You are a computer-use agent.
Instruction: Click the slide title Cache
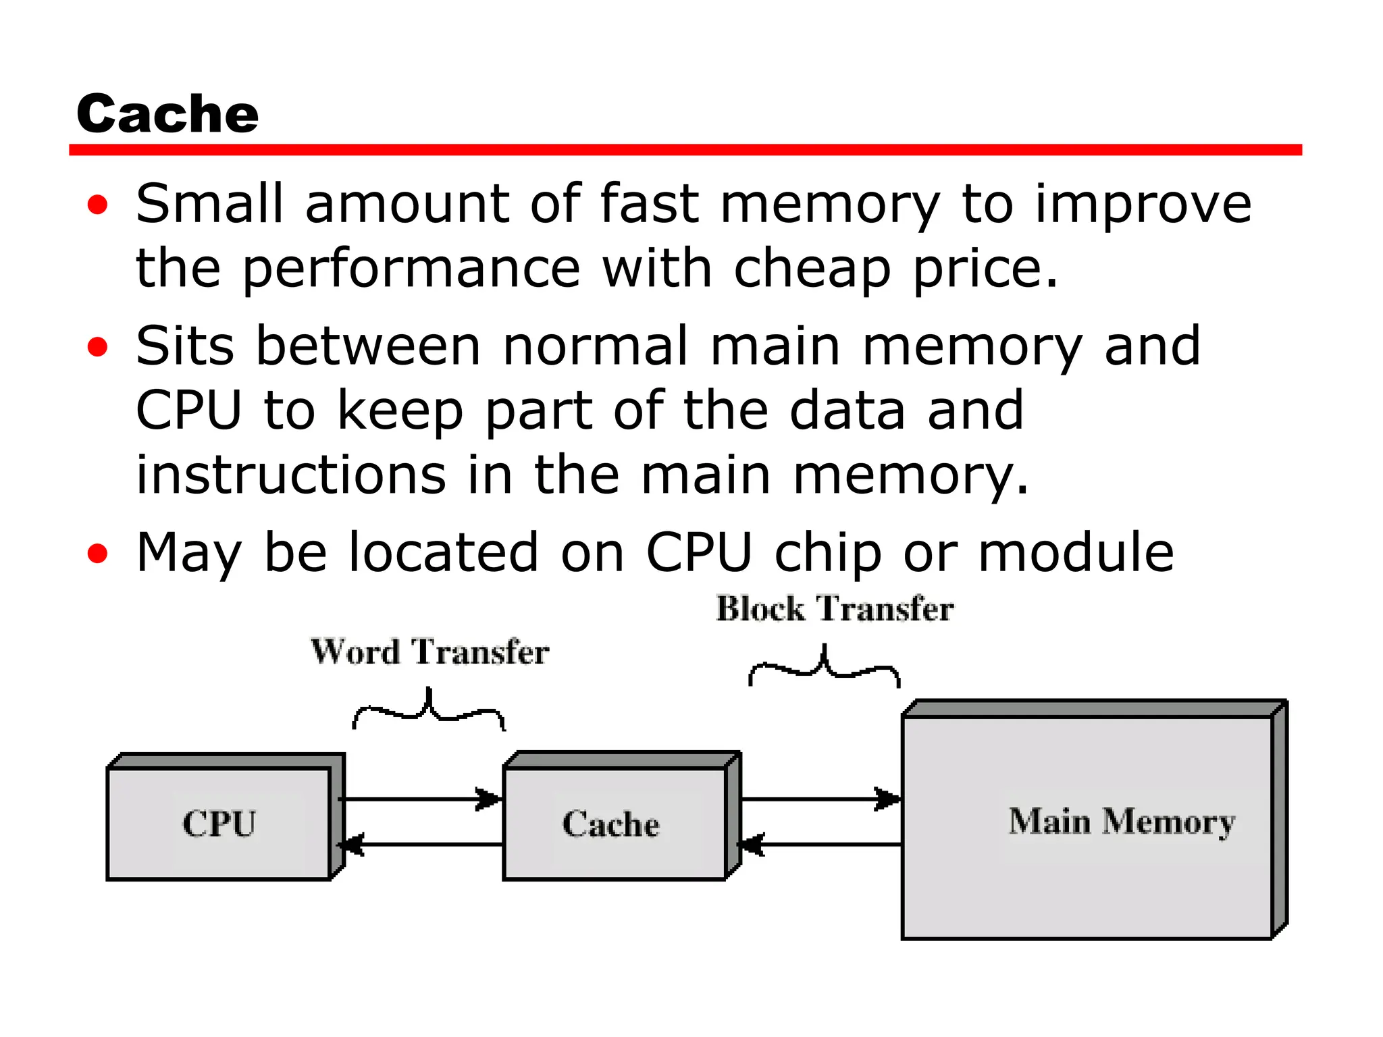tap(167, 113)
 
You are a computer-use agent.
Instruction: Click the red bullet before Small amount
tap(98, 205)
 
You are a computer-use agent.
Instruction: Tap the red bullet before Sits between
tap(98, 347)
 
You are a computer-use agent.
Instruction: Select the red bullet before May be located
tap(98, 554)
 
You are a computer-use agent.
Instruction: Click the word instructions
tap(290, 475)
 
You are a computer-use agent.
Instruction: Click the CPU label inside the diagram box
tap(219, 824)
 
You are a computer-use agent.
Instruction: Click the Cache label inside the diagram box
tap(611, 824)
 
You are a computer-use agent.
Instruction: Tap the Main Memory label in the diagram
tap(1122, 822)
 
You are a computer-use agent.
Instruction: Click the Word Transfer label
tap(429, 652)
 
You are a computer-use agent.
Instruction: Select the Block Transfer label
tap(835, 609)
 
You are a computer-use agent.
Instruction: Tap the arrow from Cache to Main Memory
tap(820, 799)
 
